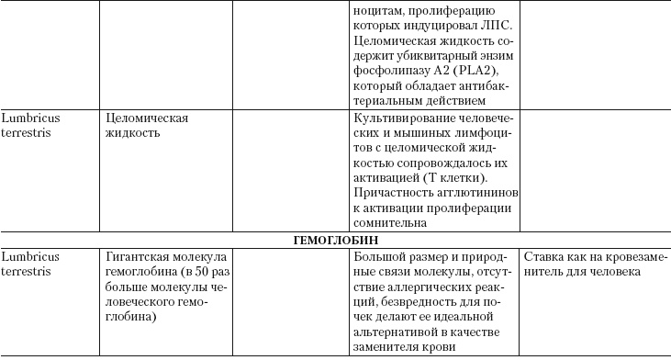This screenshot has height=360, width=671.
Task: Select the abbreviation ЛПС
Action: click(x=500, y=28)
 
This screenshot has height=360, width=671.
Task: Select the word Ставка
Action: click(x=542, y=255)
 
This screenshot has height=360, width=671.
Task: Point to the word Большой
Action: click(x=376, y=255)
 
